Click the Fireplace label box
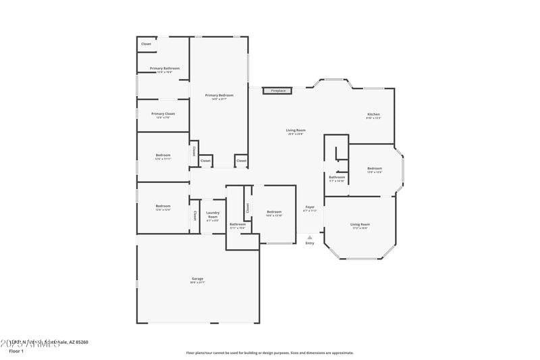[278, 91]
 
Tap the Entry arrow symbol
[310, 237]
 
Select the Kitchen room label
[373, 115]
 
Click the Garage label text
[197, 278]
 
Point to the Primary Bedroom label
[219, 97]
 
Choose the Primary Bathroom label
[165, 68]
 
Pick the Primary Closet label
[163, 113]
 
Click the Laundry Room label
[213, 214]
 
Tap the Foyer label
[310, 207]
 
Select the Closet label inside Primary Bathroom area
[146, 45]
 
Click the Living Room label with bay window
[360, 224]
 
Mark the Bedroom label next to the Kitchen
[375, 168]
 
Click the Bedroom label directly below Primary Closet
[163, 155]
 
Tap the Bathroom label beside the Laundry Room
[238, 224]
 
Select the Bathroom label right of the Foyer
[337, 177]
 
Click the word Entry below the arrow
[310, 243]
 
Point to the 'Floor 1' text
[16, 351]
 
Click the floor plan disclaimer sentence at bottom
[269, 353]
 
